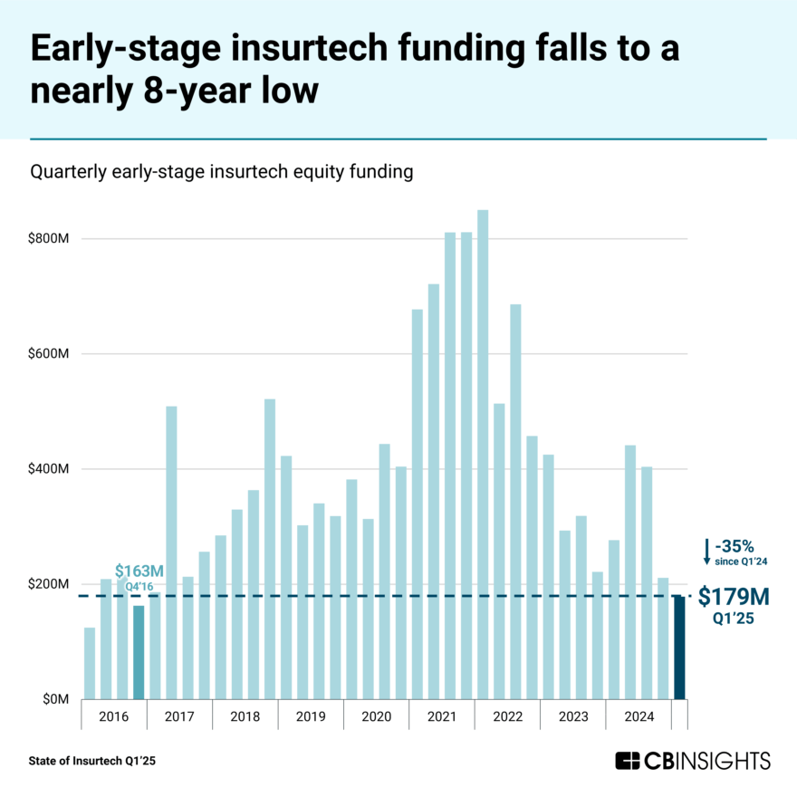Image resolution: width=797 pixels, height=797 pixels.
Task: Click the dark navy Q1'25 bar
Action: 679,648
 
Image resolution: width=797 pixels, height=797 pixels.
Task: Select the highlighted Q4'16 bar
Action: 139,652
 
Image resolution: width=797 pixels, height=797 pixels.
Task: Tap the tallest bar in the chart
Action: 483,453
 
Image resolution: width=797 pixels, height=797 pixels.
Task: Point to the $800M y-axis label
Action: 50,239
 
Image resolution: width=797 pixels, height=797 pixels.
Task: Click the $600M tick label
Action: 50,354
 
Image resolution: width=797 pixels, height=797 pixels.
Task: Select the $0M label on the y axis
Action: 54,699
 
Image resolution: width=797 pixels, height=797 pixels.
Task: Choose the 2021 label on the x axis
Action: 442,716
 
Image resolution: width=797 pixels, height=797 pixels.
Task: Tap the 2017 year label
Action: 179,716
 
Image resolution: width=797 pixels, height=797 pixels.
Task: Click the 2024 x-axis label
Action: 639,716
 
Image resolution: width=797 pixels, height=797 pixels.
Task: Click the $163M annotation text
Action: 139,571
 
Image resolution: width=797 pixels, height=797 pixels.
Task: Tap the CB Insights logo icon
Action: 628,760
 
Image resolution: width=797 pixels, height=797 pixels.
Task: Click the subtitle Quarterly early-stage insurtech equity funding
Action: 222,171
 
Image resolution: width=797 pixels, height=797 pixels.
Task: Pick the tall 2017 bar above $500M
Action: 171,552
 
